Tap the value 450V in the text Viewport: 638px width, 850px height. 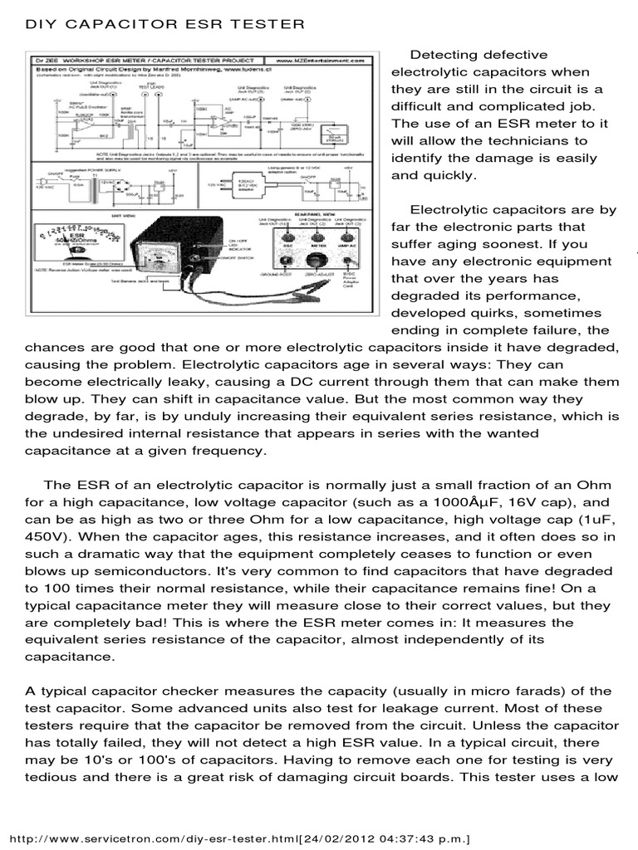49,520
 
